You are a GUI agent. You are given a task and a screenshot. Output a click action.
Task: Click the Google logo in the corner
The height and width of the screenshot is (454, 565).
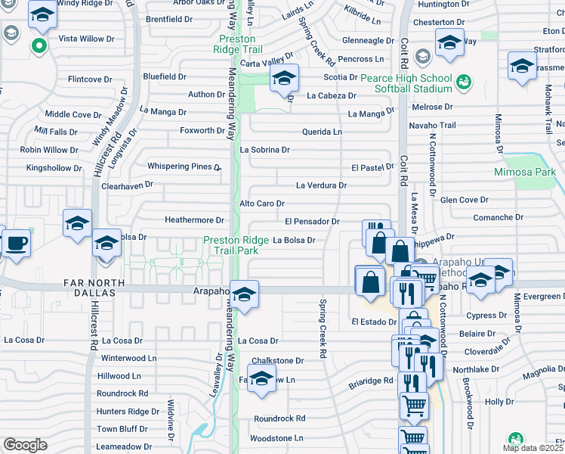25,445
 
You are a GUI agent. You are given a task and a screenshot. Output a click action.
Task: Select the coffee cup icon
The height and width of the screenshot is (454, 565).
16,244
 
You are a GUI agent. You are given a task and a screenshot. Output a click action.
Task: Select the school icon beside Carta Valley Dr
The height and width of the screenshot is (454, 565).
284,78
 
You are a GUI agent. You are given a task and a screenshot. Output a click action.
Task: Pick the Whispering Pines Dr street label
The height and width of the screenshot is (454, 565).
184,166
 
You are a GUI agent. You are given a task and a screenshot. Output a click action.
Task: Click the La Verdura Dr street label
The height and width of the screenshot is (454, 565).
321,185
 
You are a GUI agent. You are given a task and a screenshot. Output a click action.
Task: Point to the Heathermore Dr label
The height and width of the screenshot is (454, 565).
195,220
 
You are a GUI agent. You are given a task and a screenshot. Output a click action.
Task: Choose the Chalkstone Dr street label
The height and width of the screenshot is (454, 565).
277,361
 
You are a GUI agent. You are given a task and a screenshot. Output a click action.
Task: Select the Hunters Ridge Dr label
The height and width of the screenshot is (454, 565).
128,412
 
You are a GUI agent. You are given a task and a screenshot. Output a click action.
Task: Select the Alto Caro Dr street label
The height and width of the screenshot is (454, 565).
261,204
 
